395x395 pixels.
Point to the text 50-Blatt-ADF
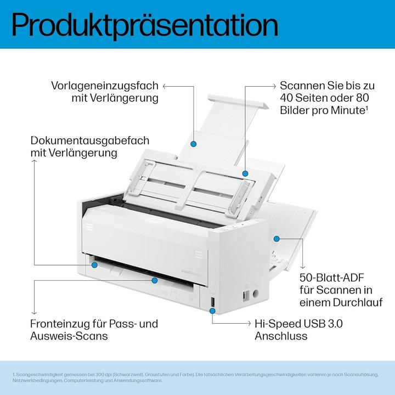click(x=331, y=278)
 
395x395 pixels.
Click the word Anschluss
click(x=281, y=336)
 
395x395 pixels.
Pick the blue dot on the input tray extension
click(x=194, y=144)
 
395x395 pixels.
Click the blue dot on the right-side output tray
click(x=276, y=239)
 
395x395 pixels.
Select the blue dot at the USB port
click(x=212, y=310)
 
